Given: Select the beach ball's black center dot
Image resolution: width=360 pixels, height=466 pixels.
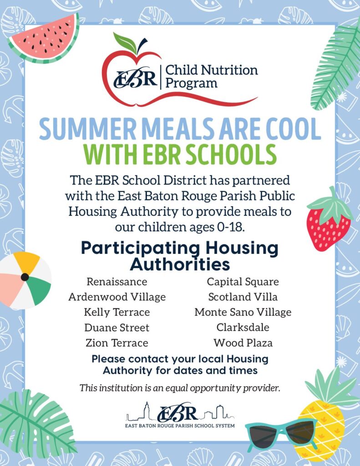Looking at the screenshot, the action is [x=25, y=277].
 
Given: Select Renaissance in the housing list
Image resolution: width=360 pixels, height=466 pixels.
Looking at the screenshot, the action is [x=117, y=281].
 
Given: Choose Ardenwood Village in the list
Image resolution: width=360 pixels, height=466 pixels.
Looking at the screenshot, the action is [x=117, y=297].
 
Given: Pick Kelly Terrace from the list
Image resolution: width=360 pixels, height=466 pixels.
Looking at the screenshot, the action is [x=117, y=312].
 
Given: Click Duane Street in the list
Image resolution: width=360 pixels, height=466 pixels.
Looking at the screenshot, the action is [x=117, y=328].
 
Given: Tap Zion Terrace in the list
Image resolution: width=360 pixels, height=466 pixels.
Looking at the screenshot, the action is [x=117, y=343].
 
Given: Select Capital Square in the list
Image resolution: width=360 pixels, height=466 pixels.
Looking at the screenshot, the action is [x=243, y=282].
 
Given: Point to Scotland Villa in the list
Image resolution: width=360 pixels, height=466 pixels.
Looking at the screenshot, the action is [x=243, y=297].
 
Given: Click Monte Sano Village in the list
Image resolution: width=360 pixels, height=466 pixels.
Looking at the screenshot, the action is [x=243, y=312].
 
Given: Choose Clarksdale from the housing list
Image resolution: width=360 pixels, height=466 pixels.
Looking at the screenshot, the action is [x=243, y=327].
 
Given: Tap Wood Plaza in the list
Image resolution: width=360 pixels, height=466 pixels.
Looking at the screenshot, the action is [x=243, y=343].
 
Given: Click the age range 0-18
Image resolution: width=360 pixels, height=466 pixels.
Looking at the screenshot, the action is [x=231, y=227].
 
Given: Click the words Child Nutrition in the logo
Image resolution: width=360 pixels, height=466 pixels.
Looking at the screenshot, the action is [x=211, y=70].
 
